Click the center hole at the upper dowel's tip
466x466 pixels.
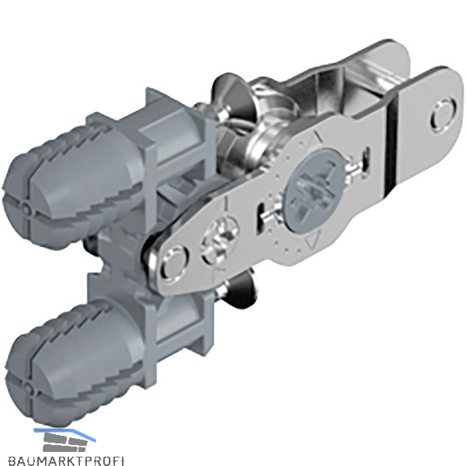26,209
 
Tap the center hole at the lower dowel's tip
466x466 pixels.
29,387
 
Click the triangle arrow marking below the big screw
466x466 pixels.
311,238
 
